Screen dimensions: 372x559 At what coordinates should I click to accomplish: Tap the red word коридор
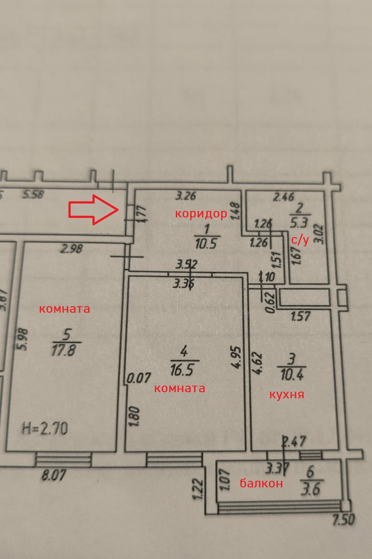(201, 214)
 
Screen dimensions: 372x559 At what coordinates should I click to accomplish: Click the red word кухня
(287, 394)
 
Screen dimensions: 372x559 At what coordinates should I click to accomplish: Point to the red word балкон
(261, 483)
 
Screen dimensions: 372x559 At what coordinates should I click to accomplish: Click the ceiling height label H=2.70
(44, 428)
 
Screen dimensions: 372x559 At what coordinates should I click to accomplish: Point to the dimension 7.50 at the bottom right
(344, 520)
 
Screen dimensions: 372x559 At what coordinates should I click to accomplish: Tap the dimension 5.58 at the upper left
(33, 194)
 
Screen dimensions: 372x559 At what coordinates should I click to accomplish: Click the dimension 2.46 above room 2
(283, 197)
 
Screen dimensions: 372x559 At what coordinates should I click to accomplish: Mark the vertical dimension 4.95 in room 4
(237, 358)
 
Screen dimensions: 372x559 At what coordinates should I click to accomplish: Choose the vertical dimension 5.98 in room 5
(24, 339)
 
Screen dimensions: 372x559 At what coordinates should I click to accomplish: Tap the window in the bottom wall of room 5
(63, 459)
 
